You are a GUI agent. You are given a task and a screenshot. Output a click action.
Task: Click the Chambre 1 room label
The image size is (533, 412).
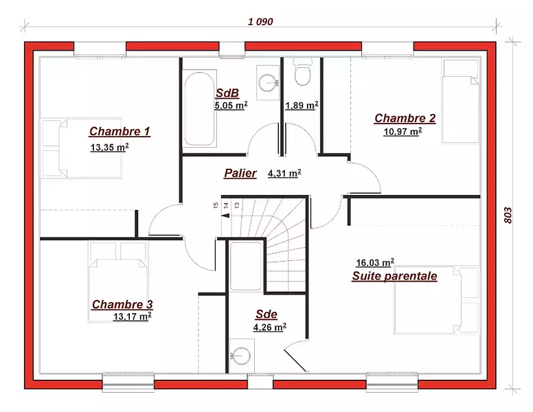[x=120, y=131]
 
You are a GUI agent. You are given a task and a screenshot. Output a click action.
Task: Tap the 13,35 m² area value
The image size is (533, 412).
[x=109, y=147]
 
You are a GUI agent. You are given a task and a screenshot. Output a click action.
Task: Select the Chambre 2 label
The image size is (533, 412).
[x=405, y=118]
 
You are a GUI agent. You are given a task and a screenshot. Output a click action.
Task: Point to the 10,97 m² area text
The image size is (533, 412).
[x=402, y=131]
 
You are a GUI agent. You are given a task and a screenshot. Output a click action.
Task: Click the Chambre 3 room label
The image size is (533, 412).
[x=122, y=304]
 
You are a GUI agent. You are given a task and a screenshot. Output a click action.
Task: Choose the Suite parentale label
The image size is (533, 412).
[x=394, y=276]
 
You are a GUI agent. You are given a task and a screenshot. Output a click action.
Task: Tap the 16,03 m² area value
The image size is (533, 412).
[x=375, y=262]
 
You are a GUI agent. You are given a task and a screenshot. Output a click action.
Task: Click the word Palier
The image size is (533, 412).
[x=240, y=173]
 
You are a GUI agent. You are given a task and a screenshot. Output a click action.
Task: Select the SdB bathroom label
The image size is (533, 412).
[x=227, y=93]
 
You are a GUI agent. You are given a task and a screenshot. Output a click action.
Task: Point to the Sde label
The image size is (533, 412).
[x=266, y=314]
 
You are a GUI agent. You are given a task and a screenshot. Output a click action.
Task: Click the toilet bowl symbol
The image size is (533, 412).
[x=302, y=72]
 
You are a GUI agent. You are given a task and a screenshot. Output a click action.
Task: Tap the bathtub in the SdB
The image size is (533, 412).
[x=200, y=108]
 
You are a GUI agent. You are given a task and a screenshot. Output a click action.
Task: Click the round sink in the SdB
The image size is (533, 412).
[x=269, y=82]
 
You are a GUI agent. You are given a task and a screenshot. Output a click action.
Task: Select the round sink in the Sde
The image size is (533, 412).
[x=241, y=356]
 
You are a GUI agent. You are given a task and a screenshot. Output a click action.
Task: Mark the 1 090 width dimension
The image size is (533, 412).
[x=260, y=22]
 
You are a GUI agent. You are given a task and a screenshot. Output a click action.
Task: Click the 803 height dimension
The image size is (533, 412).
[x=508, y=215]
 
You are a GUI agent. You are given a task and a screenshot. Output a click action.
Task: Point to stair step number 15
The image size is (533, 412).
[x=216, y=205]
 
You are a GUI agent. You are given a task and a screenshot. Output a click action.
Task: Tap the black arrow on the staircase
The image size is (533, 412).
[x=225, y=215]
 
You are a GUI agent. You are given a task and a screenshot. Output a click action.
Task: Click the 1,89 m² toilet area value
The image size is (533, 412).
[x=302, y=105]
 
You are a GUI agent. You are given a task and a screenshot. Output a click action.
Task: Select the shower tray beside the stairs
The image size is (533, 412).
[x=246, y=266]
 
